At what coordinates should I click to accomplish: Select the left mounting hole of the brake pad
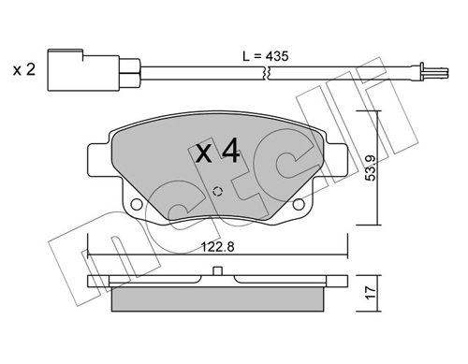pos(137,204)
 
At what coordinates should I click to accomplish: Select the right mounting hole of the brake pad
pos(301,204)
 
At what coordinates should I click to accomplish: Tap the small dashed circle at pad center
pos(218,192)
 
